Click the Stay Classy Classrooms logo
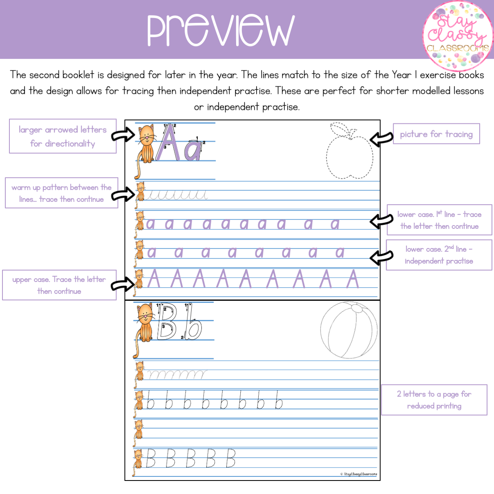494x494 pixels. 458,36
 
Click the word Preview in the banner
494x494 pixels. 221,30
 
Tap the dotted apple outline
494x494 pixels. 350,151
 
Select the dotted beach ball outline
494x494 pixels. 349,330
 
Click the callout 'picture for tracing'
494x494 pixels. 436,134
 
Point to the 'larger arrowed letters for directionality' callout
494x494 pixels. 63,136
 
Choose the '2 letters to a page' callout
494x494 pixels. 434,400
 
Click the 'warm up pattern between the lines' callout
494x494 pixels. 62,193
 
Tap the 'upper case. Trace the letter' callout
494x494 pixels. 59,285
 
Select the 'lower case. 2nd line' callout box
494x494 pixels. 439,255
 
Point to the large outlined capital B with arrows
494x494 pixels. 166,321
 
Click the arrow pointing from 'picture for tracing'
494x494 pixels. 382,139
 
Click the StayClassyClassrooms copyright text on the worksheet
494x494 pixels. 359,474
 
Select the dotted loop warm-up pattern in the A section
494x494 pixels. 177,194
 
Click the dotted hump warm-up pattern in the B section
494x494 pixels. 177,375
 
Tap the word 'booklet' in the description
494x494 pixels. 78,75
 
